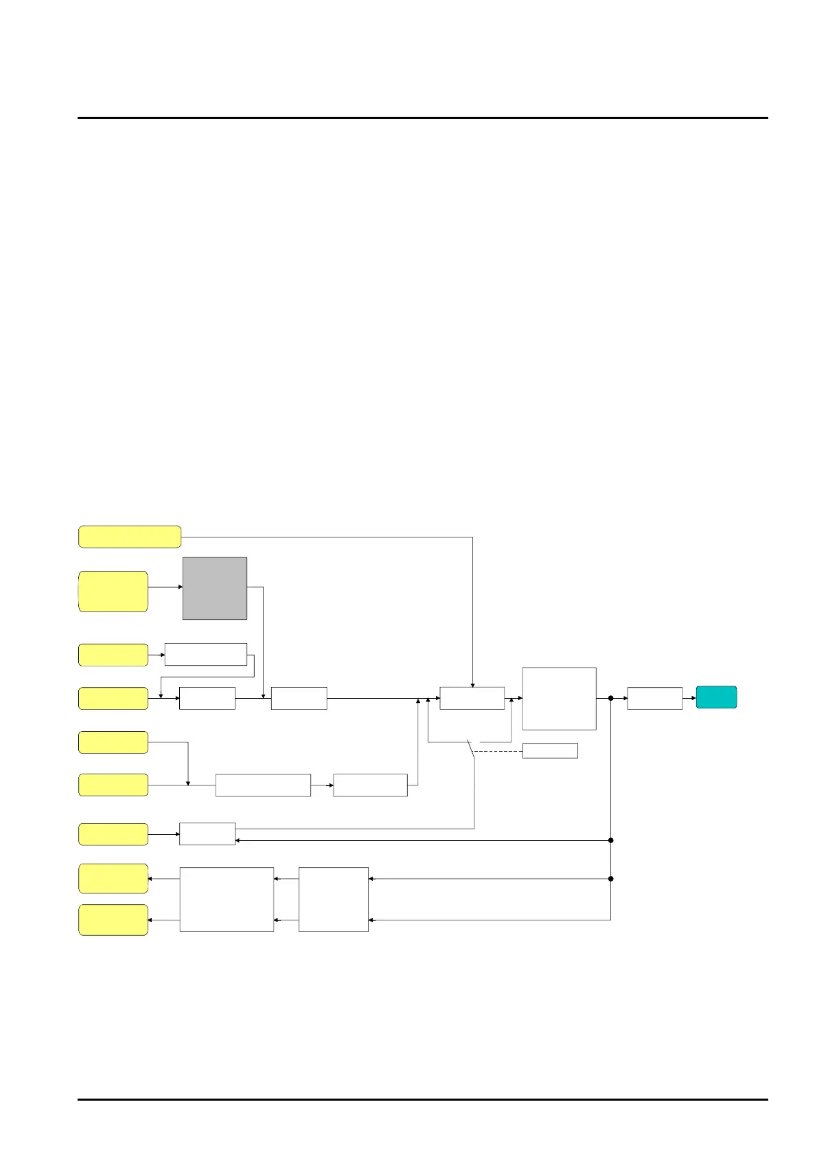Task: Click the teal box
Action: tap(716, 697)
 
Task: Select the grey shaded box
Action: tap(215, 588)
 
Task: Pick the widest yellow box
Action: tap(130, 537)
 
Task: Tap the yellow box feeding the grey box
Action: tap(113, 591)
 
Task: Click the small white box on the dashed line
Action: tap(550, 751)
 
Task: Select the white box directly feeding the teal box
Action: tap(655, 698)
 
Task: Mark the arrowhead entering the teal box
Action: tap(693, 698)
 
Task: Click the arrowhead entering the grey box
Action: tap(181, 587)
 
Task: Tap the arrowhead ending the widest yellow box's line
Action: tap(472, 685)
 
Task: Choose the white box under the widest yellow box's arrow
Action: tap(472, 698)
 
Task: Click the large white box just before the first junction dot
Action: tap(559, 698)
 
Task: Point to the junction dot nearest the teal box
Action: tap(610, 698)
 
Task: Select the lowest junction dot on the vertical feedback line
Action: tap(610, 879)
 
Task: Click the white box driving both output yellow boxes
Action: tap(227, 899)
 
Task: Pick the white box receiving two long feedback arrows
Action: tap(334, 899)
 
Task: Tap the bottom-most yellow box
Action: tap(113, 920)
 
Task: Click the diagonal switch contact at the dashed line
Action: tap(471, 750)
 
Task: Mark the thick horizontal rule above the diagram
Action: tap(422, 117)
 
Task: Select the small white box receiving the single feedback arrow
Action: tap(207, 834)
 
